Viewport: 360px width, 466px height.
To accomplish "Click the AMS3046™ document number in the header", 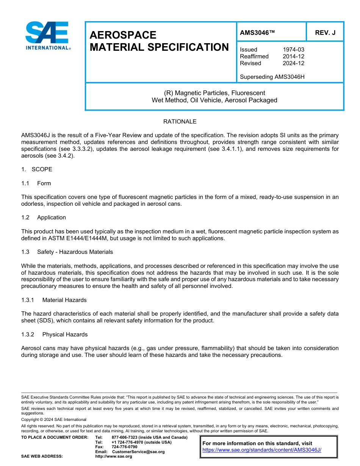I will click(x=257, y=33).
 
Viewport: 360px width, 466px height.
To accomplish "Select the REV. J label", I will click(x=325, y=33).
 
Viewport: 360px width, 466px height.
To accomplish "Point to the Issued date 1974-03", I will click(x=293, y=50).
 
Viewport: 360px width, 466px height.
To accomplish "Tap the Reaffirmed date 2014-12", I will click(x=293, y=56).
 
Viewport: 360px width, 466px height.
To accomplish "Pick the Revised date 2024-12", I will click(x=293, y=63).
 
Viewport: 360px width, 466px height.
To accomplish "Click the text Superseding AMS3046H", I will click(x=272, y=77).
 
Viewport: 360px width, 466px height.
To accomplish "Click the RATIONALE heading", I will click(x=180, y=122).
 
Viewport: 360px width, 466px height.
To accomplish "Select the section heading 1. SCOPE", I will click(x=37, y=169).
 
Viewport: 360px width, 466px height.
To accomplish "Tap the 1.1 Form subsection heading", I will click(x=36, y=183).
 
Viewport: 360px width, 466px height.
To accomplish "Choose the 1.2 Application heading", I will click(x=44, y=217).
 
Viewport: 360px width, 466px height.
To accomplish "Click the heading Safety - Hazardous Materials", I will click(x=75, y=252).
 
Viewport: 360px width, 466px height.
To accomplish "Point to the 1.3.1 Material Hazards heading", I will click(x=54, y=300).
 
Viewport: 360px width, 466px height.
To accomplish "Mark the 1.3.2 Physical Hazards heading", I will click(x=54, y=335).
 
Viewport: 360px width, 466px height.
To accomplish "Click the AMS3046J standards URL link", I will click(x=262, y=450).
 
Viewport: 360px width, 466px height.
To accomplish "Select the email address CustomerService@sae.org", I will click(x=138, y=452).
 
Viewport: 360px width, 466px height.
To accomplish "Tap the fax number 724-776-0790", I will click(x=125, y=447).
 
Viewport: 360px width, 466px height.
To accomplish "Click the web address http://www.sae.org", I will click(x=114, y=457).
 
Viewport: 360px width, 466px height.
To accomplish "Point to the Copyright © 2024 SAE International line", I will click(x=54, y=419).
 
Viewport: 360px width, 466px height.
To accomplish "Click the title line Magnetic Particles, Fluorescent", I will click(x=214, y=93).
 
